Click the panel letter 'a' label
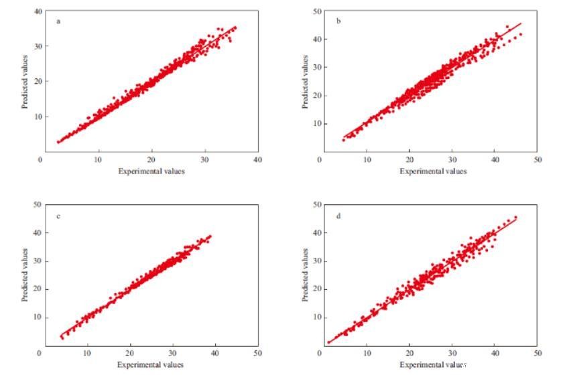(x=59, y=21)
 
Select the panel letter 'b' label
(x=338, y=21)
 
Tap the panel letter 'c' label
(x=59, y=216)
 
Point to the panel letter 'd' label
(x=338, y=216)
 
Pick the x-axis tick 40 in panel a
(x=258, y=159)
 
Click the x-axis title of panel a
(x=151, y=171)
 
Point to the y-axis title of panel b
(x=305, y=81)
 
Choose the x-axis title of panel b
(x=432, y=171)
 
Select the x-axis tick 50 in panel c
(x=258, y=352)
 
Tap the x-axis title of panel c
(x=150, y=364)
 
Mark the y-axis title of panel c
(x=25, y=275)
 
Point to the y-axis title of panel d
(x=305, y=275)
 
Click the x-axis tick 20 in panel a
(x=152, y=159)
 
